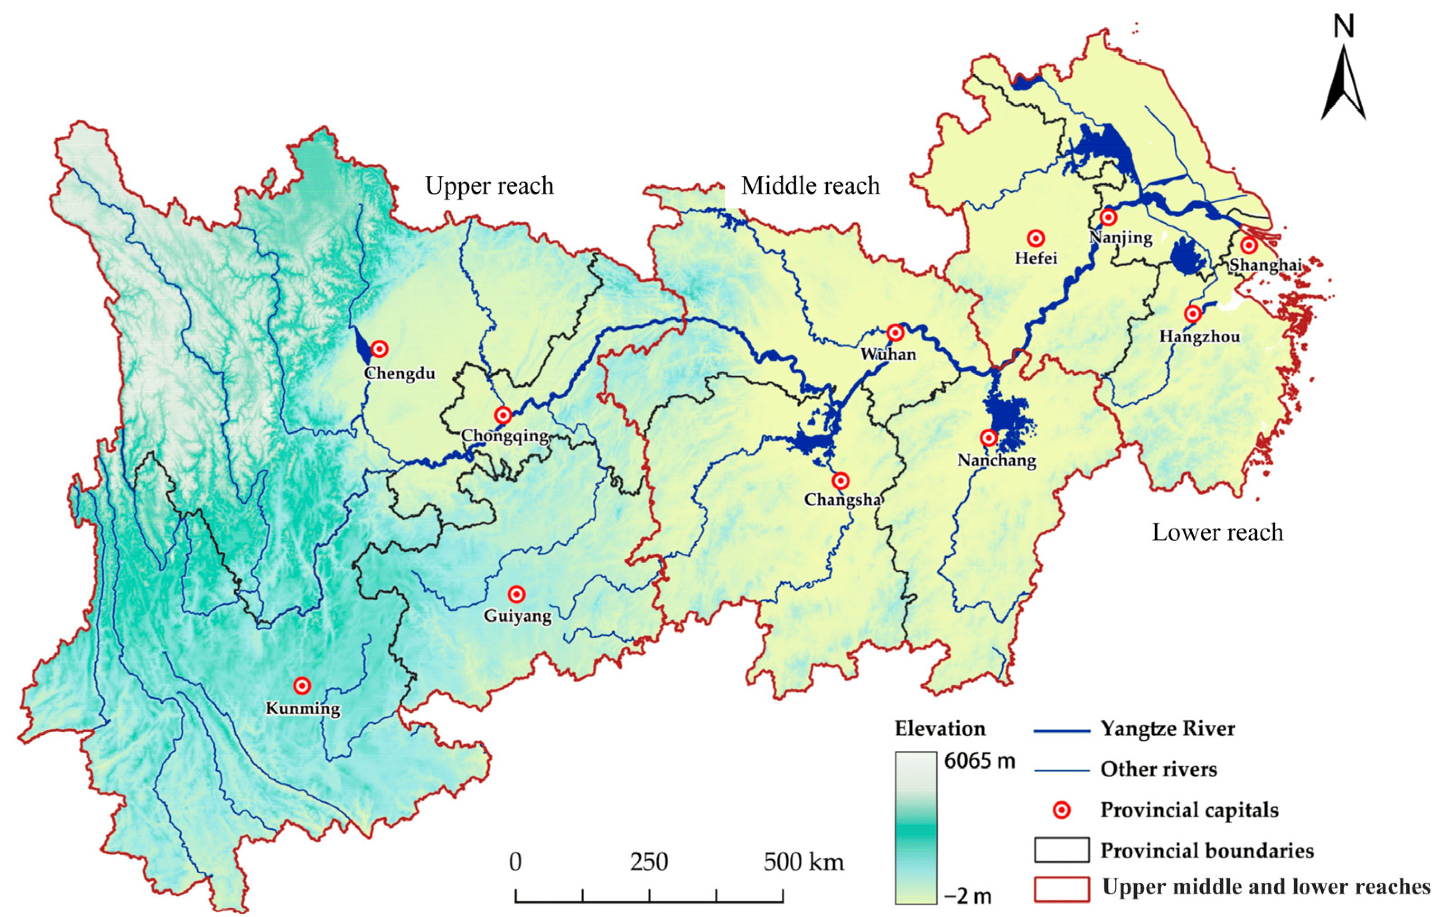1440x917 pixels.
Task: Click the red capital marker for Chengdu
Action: pos(379,349)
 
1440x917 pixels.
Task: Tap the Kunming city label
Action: pos(303,709)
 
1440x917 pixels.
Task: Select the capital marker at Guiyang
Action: pos(517,594)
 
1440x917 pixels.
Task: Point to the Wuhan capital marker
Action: pos(895,332)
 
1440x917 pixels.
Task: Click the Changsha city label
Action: pos(842,500)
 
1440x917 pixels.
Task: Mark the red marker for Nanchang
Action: pos(989,438)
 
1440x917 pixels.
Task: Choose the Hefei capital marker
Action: pos(1036,239)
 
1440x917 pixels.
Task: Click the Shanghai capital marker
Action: pos(1248,245)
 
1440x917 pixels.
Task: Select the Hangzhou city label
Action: pos(1200,337)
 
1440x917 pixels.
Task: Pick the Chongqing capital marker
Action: pos(503,415)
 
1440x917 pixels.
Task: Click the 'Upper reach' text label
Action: pos(489,186)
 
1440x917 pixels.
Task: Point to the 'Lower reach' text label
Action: pos(1218,532)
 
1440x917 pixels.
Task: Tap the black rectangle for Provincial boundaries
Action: pos(1061,850)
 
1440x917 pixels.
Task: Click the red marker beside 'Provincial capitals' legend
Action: pos(1061,810)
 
